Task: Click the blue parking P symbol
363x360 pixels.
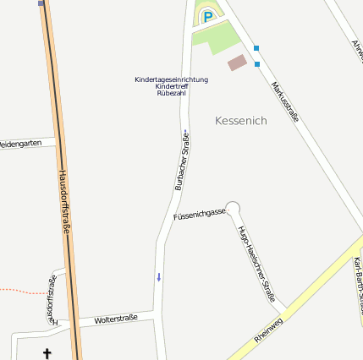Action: [207, 15]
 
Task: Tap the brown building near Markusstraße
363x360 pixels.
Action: [238, 63]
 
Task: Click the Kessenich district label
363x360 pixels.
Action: [241, 121]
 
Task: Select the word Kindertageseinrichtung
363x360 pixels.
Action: [171, 79]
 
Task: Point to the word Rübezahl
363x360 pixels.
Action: [171, 93]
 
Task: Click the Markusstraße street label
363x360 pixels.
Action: [284, 101]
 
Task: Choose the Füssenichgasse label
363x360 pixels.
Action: [200, 215]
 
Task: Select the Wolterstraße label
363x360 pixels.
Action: [116, 319]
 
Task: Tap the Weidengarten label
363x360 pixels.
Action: [20, 144]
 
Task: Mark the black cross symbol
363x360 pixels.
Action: [47, 352]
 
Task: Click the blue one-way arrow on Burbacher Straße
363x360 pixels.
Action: [157, 277]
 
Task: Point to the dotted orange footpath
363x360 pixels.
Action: [21, 291]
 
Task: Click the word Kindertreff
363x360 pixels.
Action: [171, 86]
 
